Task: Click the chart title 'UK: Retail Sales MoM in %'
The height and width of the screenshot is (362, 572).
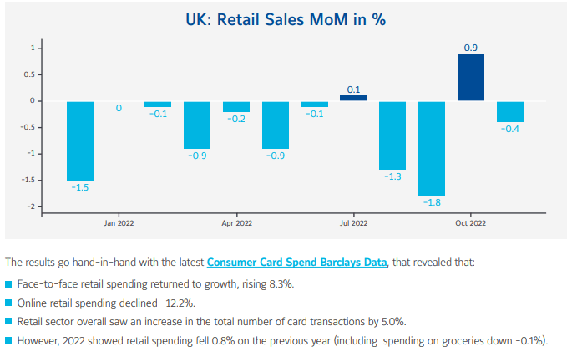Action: click(x=286, y=18)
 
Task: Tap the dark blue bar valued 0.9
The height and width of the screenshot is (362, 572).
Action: click(x=471, y=77)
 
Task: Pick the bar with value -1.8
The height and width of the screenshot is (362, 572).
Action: click(x=432, y=148)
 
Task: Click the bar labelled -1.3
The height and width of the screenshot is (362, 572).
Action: click(x=392, y=135)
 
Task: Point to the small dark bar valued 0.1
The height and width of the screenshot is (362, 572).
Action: click(x=353, y=98)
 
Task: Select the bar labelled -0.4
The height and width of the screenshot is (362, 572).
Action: click(x=510, y=111)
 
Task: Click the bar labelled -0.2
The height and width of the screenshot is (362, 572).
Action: click(x=236, y=106)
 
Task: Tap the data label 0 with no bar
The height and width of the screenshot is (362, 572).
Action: click(x=119, y=108)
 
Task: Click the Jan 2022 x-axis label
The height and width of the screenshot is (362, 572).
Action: click(x=119, y=223)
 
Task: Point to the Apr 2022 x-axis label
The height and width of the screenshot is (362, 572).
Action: click(x=237, y=223)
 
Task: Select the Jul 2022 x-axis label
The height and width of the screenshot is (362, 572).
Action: click(x=353, y=223)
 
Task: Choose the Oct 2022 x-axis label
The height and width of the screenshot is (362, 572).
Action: click(x=471, y=223)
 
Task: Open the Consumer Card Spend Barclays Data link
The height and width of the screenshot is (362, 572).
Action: click(x=297, y=262)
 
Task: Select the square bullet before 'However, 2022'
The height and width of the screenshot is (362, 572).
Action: click(x=8, y=341)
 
